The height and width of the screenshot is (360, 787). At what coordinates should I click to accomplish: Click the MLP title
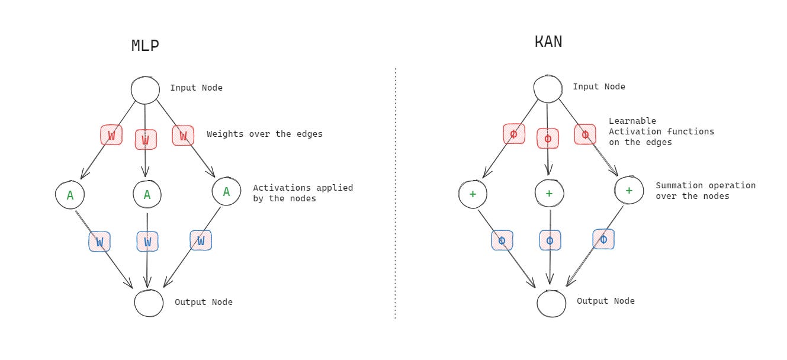[145, 46]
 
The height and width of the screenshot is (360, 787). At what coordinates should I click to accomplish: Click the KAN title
[548, 41]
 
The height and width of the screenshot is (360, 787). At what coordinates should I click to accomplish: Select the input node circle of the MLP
[145, 91]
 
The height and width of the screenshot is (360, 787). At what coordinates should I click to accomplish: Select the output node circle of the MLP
[149, 303]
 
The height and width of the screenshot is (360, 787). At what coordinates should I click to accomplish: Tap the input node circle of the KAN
[548, 89]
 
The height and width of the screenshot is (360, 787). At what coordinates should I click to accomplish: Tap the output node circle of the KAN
[551, 303]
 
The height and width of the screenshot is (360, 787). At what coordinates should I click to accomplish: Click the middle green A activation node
[147, 194]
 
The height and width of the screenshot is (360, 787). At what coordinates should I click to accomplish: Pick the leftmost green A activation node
[70, 195]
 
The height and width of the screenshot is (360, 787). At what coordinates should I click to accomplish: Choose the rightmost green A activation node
[226, 191]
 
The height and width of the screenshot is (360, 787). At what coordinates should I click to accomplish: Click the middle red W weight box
[146, 140]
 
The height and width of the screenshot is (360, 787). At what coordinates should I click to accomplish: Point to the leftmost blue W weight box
[99, 242]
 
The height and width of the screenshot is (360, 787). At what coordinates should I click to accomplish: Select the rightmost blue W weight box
[201, 240]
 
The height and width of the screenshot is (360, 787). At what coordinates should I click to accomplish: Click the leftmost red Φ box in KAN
[513, 134]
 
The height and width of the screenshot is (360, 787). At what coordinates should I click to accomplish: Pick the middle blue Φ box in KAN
[550, 240]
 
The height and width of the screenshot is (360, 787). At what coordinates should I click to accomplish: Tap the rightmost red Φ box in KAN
[585, 134]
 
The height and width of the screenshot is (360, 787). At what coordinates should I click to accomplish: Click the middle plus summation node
[549, 194]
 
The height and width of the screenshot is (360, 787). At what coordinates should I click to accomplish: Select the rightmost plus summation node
[629, 191]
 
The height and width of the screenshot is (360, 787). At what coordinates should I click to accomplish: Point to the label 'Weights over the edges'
[265, 134]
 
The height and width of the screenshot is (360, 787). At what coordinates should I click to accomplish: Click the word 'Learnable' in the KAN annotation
[632, 121]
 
